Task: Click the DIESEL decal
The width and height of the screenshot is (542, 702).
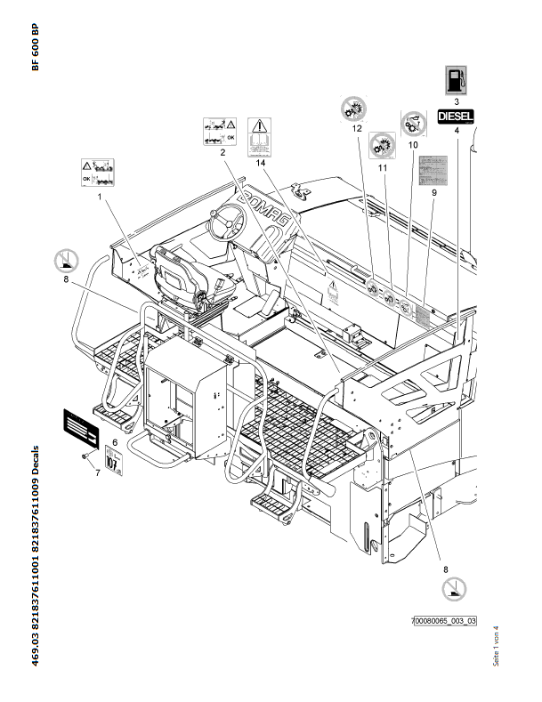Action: point(457,115)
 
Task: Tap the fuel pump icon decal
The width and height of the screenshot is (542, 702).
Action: point(457,79)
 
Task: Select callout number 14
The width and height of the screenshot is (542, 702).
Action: point(260,162)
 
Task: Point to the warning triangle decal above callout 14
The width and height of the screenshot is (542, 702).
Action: point(259,136)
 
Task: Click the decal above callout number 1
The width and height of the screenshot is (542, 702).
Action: point(98,171)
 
